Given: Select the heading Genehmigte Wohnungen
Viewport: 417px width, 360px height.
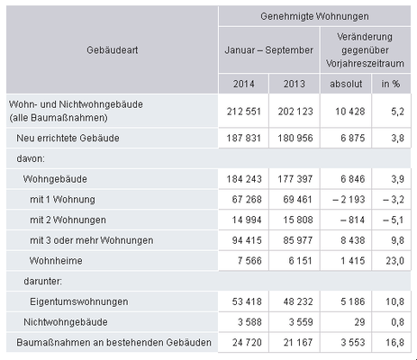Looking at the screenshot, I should (x=314, y=16).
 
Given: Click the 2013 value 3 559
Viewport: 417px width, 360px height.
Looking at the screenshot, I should (x=287, y=322).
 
